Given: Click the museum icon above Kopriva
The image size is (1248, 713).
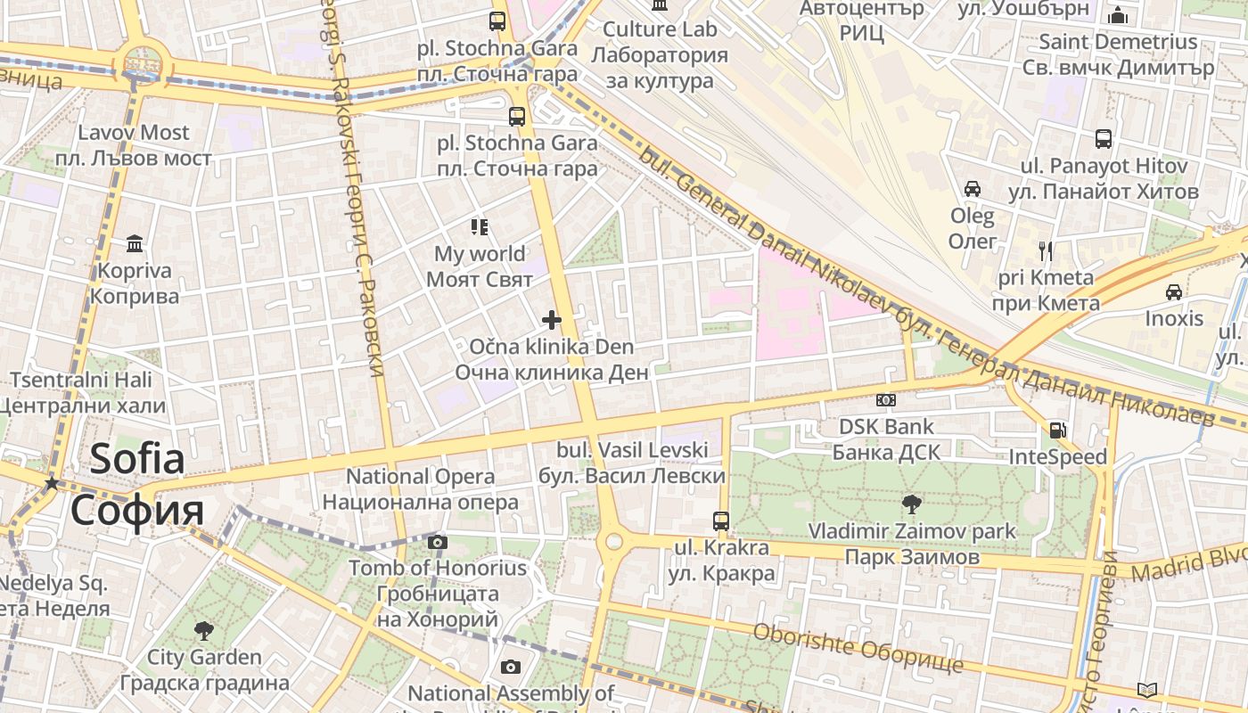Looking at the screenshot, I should pos(135,243).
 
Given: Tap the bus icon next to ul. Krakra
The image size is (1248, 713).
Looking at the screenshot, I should pos(721,520).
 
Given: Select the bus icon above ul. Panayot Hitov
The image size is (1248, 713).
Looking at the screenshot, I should pos(1104,139).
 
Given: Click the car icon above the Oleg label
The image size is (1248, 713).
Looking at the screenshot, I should pos(973,189).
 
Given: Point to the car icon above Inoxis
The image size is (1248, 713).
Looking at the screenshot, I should pos(1174,291).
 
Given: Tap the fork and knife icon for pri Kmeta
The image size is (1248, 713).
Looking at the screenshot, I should pos(1046,250).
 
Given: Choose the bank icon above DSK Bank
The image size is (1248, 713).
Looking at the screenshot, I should pos(886,400).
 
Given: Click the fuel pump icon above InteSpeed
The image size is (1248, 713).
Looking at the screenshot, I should pos(1057,430).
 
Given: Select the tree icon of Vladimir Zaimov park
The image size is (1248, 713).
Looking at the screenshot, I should pos(911,504).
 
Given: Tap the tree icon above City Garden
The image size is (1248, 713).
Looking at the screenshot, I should pos(204,631).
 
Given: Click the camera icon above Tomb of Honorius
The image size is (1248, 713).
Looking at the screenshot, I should pos(437,541).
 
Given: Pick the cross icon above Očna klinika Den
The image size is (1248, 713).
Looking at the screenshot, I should pos(552,319).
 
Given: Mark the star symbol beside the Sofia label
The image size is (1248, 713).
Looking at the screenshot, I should pos(53,483).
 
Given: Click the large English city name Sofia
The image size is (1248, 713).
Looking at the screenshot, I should pos(137,459).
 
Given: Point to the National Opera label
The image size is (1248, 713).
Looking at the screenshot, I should pos(420,477).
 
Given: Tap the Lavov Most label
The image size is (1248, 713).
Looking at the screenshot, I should pos(134,133).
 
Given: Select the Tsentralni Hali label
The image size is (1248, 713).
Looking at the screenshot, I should pos(81,380).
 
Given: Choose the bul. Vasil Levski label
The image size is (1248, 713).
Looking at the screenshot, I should pos(632,450).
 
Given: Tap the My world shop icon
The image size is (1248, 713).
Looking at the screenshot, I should pos(480,227).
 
